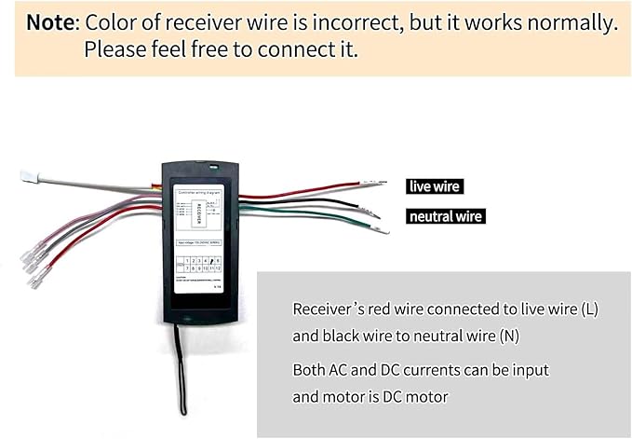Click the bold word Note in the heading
click(51, 22)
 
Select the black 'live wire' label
click(435, 186)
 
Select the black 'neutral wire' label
click(446, 216)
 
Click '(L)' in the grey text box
click(588, 309)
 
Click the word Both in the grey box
click(310, 370)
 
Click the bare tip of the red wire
click(377, 184)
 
